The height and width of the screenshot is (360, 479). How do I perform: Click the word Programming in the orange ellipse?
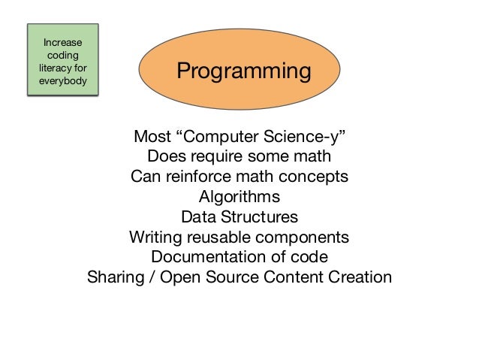pyautogui.click(x=243, y=71)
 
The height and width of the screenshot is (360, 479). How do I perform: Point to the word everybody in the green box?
pyautogui.click(x=64, y=80)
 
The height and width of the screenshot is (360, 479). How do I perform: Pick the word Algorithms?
pyautogui.click(x=239, y=197)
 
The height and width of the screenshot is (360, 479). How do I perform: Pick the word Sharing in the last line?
pyautogui.click(x=114, y=277)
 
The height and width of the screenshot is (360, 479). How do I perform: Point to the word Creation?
pyautogui.click(x=360, y=277)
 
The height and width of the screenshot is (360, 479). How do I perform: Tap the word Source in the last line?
pyautogui.click(x=233, y=277)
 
